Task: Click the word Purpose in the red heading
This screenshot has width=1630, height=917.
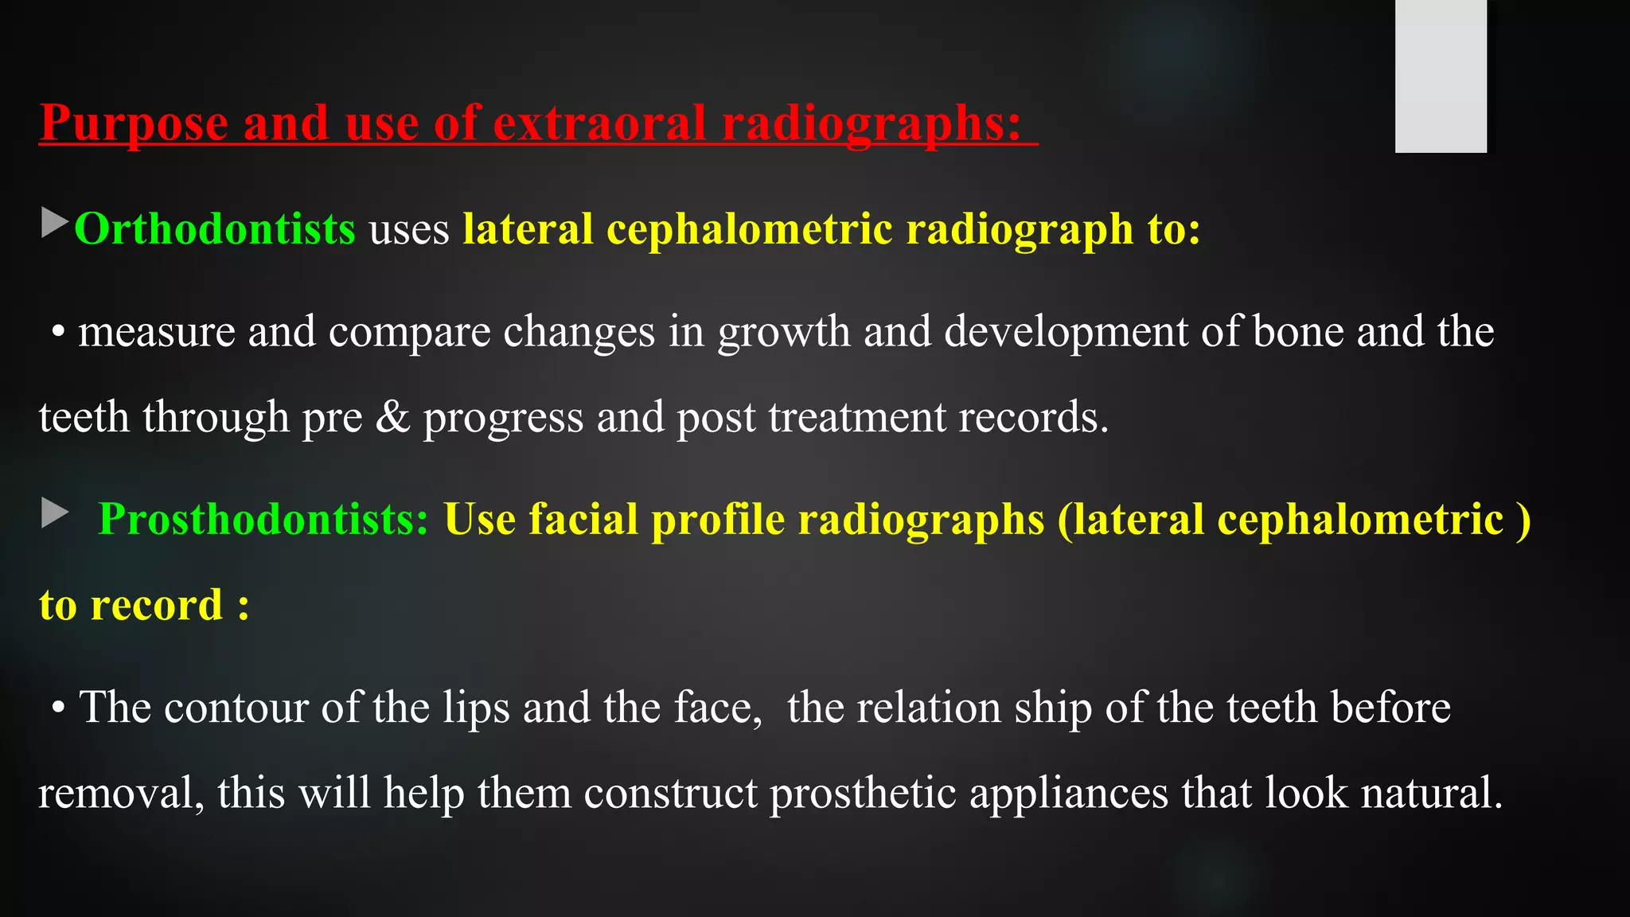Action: (x=134, y=124)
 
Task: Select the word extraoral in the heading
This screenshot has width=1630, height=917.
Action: (x=599, y=124)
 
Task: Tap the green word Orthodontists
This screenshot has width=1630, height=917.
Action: (x=214, y=229)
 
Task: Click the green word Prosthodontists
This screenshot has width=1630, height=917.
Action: (x=263, y=519)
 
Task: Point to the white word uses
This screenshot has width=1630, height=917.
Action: (x=409, y=229)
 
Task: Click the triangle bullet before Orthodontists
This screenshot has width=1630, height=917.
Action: (x=54, y=223)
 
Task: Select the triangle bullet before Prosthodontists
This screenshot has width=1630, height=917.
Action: (x=54, y=513)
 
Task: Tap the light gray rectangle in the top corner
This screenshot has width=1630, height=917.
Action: (x=1441, y=76)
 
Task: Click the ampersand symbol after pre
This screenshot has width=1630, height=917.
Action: (x=392, y=417)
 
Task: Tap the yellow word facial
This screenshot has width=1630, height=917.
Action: (x=583, y=519)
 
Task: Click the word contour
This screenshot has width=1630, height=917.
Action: (x=236, y=707)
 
